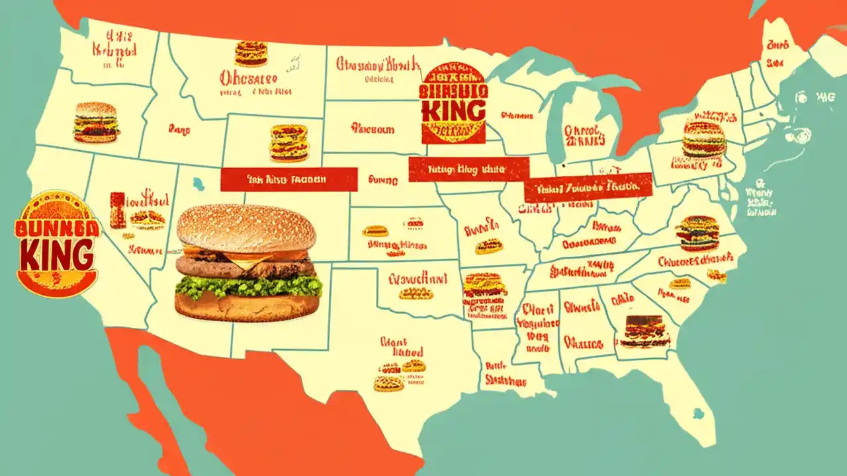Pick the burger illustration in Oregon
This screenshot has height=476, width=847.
coord(97,122)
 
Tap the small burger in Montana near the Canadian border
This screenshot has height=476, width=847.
coord(251,53)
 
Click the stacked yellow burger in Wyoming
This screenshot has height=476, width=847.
coord(289,143)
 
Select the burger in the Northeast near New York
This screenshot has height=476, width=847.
coord(704,139)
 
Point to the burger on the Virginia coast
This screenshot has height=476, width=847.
coord(697,233)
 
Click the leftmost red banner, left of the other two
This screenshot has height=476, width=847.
coord(289,179)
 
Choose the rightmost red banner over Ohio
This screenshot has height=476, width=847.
coord(588,188)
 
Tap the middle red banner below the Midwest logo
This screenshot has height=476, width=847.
coord(468,169)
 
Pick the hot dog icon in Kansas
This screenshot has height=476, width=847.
coord(375,231)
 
